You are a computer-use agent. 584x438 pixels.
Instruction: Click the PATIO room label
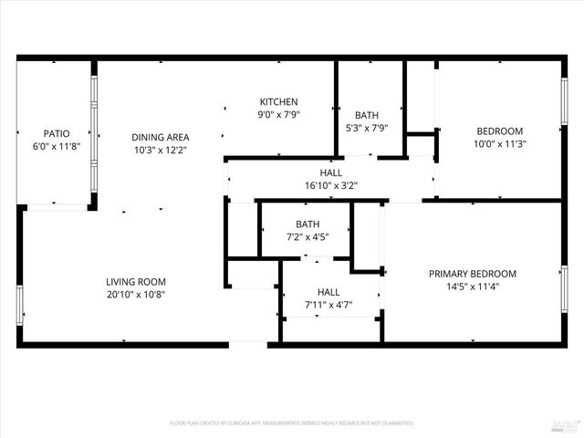[57, 133]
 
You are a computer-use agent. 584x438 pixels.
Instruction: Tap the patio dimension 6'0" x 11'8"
[57, 146]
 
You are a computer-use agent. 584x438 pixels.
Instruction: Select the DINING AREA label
[159, 137]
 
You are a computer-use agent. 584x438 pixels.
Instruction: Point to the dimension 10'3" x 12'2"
[159, 150]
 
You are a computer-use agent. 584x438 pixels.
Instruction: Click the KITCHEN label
[278, 101]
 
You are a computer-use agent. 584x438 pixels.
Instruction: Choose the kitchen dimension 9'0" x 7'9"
[278, 114]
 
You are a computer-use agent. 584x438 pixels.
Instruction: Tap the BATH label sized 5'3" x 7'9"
[367, 115]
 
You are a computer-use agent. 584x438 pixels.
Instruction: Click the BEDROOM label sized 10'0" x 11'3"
[499, 130]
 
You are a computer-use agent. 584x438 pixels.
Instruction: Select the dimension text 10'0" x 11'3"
[499, 143]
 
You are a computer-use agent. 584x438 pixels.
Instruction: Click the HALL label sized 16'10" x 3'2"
[331, 172]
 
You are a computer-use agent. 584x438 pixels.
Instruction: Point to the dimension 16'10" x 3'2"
[331, 185]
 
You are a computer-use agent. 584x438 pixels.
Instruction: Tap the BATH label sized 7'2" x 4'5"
[308, 224]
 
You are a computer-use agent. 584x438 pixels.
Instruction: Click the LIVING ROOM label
[136, 282]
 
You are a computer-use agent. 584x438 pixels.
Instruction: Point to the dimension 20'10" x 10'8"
[136, 295]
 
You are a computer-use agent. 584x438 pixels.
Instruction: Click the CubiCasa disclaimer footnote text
[292, 423]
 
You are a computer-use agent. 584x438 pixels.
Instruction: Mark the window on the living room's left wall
[19, 305]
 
